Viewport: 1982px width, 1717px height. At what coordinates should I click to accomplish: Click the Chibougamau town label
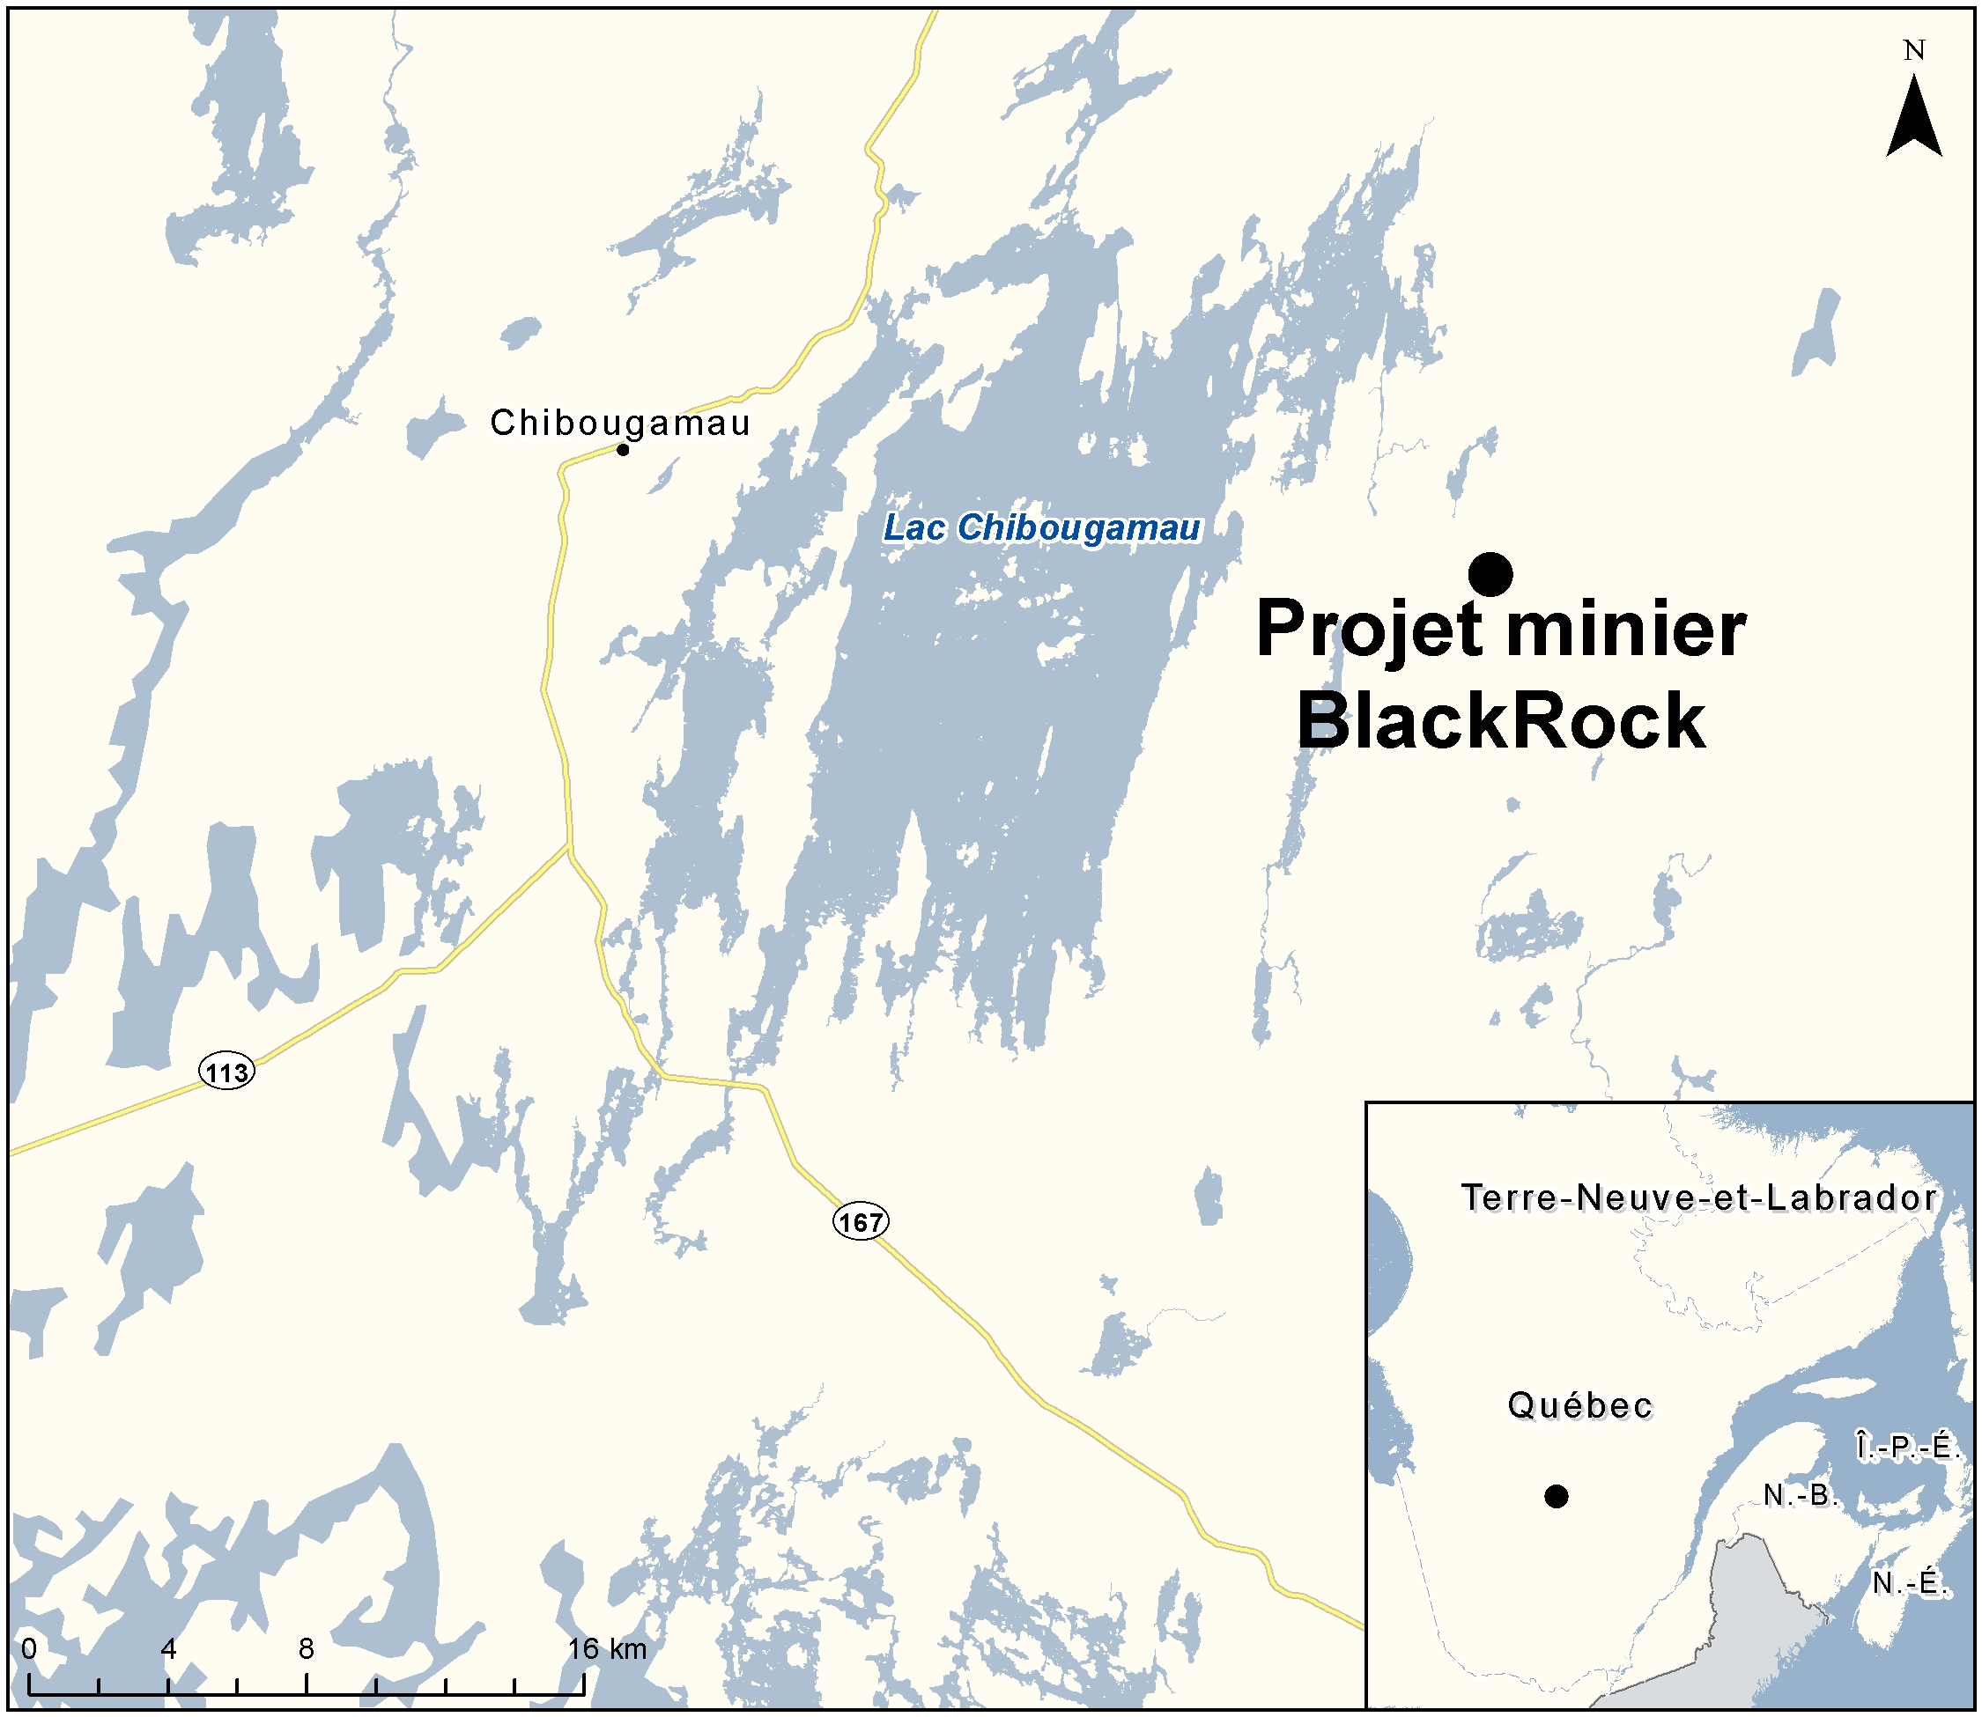coord(619,423)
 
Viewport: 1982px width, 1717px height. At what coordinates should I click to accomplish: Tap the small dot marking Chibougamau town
coord(622,449)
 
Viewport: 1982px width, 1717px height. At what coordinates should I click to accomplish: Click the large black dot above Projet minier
coord(1490,574)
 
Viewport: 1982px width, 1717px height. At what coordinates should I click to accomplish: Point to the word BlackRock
coord(1501,721)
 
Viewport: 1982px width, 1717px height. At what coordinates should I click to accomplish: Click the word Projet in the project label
coord(1368,630)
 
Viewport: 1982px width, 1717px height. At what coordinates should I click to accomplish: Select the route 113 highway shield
coord(227,1072)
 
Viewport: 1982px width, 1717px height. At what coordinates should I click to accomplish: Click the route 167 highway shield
coord(860,1221)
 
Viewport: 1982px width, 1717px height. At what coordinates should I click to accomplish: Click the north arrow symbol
coord(1914,119)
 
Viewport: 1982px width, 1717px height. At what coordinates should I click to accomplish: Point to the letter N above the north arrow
coord(1914,51)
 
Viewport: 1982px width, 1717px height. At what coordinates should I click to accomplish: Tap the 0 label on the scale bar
coord(29,1649)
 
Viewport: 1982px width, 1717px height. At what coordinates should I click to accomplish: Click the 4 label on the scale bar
coord(168,1649)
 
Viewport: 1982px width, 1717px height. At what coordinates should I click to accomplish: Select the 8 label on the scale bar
coord(306,1649)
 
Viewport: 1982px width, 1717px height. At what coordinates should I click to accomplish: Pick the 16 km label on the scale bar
coord(607,1649)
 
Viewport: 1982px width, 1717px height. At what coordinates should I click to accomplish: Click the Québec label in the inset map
coord(1579,1405)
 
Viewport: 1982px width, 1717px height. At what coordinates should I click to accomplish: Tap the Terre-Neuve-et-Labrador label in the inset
coord(1698,1197)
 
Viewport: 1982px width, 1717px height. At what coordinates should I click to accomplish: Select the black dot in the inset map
coord(1557,1496)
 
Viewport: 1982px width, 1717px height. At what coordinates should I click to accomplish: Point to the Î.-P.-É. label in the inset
coord(1907,1446)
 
